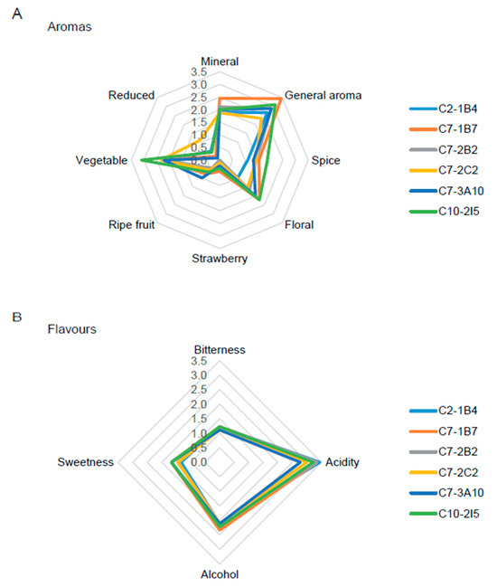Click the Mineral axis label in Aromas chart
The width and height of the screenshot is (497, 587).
tap(220, 62)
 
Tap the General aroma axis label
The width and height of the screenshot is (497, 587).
tap(324, 95)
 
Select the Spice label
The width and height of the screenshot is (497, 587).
tap(325, 160)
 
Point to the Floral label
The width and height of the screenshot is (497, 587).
tap(299, 224)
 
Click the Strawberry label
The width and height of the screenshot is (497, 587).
tap(220, 259)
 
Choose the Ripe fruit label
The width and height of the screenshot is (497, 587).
tap(131, 224)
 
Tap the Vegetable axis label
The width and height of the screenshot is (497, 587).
tap(101, 160)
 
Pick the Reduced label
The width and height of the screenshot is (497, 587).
tap(131, 95)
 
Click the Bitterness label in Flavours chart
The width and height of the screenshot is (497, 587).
tap(220, 350)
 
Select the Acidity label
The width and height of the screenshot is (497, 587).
tap(342, 462)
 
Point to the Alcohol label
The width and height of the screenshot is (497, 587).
tap(220, 574)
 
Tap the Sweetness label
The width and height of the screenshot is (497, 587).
tap(85, 462)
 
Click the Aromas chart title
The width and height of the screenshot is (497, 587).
tap(70, 26)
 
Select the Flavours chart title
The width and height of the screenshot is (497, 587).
tap(71, 329)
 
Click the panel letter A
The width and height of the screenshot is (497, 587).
tap(17, 14)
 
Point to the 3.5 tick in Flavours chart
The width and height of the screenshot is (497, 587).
tap(199, 361)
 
